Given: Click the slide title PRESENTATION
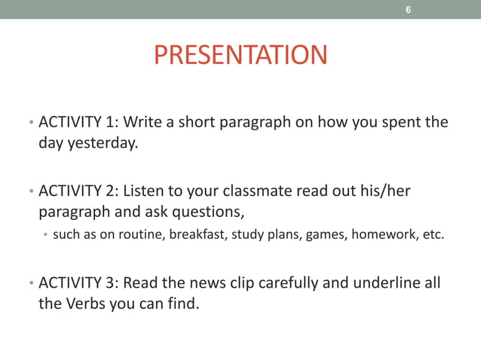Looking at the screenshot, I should pyautogui.click(x=240, y=56).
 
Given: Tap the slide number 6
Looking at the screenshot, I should pyautogui.click(x=408, y=10).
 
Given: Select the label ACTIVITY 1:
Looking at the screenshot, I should pyautogui.click(x=78, y=122).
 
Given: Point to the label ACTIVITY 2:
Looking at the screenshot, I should pyautogui.click(x=78, y=191).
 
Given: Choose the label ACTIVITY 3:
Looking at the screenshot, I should pyautogui.click(x=78, y=283).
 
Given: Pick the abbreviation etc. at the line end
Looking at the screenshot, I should pyautogui.click(x=433, y=235).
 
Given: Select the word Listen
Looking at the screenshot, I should pyautogui.click(x=143, y=191).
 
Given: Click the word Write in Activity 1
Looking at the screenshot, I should pyautogui.click(x=142, y=122).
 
